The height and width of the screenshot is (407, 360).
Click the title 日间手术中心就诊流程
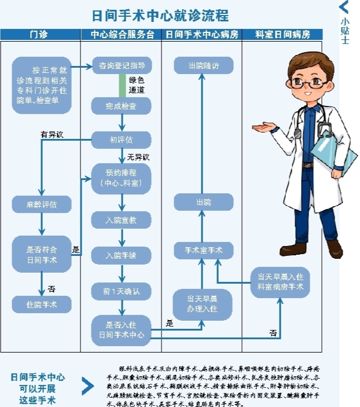[x=161, y=14]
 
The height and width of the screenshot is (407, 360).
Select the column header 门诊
[x=39, y=35]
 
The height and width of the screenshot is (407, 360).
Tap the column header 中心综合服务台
[x=122, y=35]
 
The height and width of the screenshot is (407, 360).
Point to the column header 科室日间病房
[x=282, y=35]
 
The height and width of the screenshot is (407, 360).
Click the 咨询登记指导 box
[x=121, y=65]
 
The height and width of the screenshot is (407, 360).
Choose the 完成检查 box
[x=121, y=107]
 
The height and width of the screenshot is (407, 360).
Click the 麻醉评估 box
[x=42, y=204]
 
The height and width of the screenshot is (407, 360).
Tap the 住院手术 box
[x=42, y=304]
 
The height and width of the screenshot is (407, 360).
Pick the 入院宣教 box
[x=121, y=220]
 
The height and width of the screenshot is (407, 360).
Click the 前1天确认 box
[x=121, y=291]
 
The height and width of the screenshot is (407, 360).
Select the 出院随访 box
[x=204, y=65]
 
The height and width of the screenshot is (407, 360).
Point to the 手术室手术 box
[x=204, y=251]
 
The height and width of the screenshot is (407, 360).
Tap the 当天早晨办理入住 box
[x=202, y=304]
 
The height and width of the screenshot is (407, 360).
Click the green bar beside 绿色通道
[x=122, y=85]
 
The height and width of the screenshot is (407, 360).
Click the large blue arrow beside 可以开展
[x=87, y=386]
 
